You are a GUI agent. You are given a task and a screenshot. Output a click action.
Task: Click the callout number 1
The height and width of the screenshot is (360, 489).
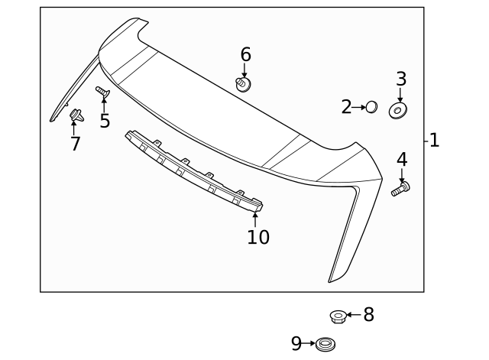point(434,141)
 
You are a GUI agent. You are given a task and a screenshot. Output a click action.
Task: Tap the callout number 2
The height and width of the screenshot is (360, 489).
point(346,107)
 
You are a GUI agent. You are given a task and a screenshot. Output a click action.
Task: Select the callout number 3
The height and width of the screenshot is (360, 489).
point(400,79)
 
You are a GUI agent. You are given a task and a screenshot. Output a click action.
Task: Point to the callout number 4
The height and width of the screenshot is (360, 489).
point(401,160)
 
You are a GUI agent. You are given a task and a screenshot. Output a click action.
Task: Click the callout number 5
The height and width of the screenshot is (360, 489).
point(105,120)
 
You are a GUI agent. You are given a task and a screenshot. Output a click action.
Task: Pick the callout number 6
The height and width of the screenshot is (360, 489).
point(245,54)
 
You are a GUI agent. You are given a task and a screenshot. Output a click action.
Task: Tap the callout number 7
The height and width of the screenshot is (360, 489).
point(75,144)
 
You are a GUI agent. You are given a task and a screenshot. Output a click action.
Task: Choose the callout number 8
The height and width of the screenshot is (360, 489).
point(368,314)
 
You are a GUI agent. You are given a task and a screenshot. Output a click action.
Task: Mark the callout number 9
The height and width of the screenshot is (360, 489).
point(296,344)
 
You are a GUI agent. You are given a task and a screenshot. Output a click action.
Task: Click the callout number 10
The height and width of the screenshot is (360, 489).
point(258,238)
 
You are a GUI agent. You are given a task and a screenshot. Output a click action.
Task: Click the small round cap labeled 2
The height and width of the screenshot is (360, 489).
point(371,107)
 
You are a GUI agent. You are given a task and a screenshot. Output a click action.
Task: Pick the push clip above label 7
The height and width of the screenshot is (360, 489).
point(75,117)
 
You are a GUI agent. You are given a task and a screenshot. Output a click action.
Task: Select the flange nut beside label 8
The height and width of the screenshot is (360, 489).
point(337,315)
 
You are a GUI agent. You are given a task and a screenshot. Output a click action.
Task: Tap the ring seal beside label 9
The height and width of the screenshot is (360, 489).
point(325,344)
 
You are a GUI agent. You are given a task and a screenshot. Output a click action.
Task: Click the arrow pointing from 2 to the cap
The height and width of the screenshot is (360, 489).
point(359,107)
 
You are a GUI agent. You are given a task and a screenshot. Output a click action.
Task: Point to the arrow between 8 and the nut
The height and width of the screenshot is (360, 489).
point(353,314)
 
